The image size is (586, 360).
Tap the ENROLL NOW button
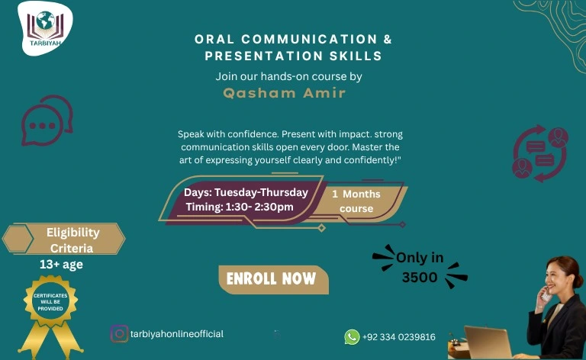[x=272, y=279]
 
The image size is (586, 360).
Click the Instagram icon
[x=119, y=334]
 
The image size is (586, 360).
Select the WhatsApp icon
[x=352, y=337]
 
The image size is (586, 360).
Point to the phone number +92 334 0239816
[x=399, y=337]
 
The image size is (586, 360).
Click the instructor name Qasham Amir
[x=284, y=93]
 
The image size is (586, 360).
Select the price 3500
[x=420, y=278]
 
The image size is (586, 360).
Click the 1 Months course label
[x=356, y=201]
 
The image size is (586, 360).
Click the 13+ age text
[x=61, y=265]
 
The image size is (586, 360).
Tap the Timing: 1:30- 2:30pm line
[x=240, y=207]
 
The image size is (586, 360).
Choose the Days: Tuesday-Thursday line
[x=246, y=192]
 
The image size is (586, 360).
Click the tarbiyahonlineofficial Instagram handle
[x=177, y=334]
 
